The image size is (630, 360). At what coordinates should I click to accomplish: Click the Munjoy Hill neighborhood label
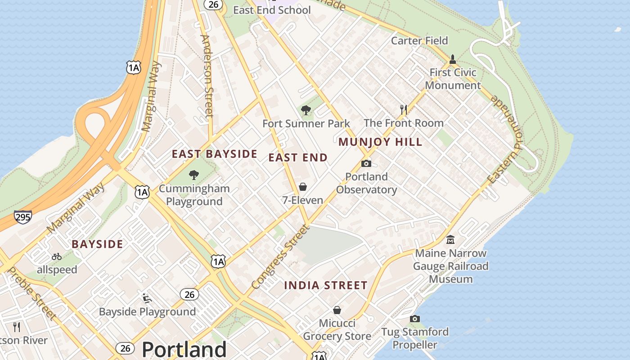coord(380,142)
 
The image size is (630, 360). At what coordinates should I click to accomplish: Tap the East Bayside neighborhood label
coord(215,154)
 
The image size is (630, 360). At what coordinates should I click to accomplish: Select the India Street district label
coord(326,285)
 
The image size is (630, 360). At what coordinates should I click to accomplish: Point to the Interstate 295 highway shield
coord(22,217)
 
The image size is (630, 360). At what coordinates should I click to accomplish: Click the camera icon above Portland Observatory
coord(366,163)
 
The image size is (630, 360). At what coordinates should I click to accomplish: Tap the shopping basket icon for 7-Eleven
coord(303,187)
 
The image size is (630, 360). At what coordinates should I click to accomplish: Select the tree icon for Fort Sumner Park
coord(306,110)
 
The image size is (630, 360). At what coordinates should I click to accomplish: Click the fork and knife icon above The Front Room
coord(404,109)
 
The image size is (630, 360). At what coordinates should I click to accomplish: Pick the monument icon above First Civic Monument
coord(453,59)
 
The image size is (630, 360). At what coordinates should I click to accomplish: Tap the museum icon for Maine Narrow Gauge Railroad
coord(450,240)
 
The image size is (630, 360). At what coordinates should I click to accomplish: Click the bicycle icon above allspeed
coord(57,256)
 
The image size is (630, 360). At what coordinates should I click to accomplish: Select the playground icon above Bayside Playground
coord(147,298)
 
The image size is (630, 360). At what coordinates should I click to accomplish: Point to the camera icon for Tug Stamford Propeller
coord(415,319)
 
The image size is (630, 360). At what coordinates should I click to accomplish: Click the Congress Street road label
coord(281,257)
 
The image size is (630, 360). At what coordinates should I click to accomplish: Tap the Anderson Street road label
coord(207,76)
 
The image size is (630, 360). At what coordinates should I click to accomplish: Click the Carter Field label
coord(419,40)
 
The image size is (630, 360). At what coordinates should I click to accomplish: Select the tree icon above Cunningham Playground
coord(194,175)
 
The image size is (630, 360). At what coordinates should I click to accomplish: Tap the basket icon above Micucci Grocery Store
coord(337,310)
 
